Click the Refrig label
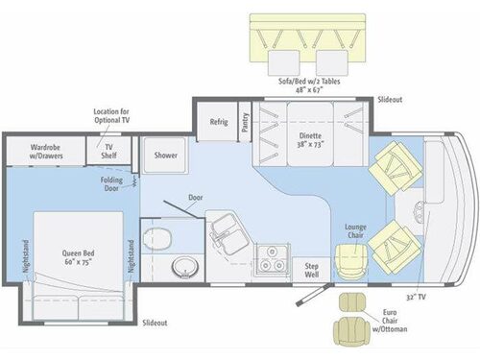click(x=217, y=122)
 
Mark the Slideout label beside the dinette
click(x=390, y=99)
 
